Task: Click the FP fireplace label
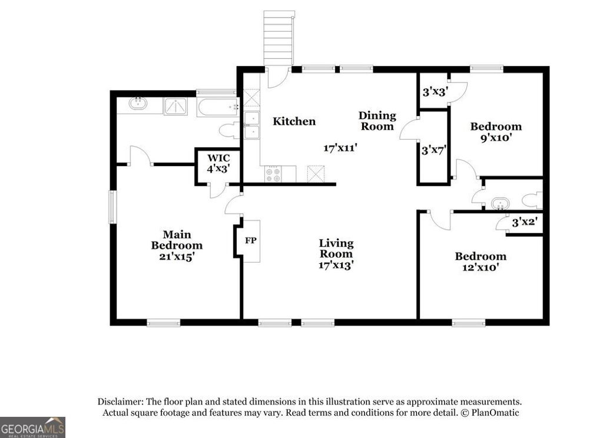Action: coord(250,241)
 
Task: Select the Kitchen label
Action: coord(294,121)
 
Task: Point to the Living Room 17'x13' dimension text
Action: coord(336,265)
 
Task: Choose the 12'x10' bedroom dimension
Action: coord(480,267)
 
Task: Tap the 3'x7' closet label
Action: coord(433,150)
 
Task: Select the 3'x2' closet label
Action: coord(525,223)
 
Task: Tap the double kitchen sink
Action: coord(252,125)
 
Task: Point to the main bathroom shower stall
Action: coord(175,107)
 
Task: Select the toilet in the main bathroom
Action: coord(227,130)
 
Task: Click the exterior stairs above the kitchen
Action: coord(278,38)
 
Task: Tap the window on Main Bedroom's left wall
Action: coord(112,207)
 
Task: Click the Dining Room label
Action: coord(377,121)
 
